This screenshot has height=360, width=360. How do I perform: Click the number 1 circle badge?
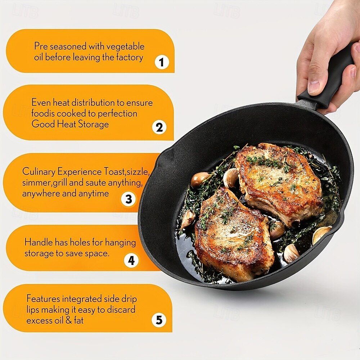(162, 62)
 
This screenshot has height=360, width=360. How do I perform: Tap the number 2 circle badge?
(159, 127)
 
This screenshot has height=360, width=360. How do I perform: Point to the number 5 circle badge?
(159, 320)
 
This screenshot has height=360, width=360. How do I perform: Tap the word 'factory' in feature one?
(129, 57)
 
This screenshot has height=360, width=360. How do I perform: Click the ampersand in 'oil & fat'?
(69, 320)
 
